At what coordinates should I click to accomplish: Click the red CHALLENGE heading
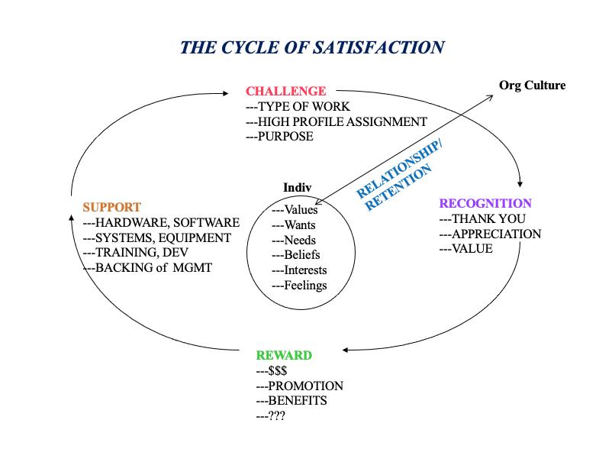[x=285, y=91]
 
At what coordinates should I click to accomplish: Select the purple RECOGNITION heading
[x=485, y=203]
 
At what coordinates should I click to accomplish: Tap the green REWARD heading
[x=284, y=355]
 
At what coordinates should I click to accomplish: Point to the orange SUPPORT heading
[x=111, y=207]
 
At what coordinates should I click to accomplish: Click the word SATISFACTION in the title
[x=378, y=47]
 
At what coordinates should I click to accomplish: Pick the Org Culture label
[x=533, y=86]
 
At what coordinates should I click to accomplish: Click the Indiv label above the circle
[x=297, y=188]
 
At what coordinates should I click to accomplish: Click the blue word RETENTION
[x=398, y=187]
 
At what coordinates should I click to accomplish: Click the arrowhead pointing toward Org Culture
[x=490, y=97]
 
